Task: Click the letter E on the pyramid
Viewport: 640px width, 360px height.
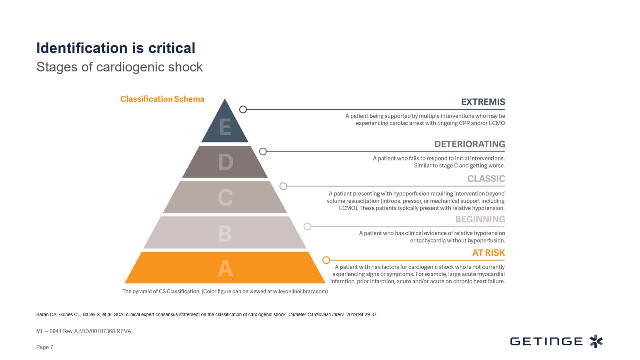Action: pyautogui.click(x=225, y=127)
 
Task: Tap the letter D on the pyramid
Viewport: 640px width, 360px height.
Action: pyautogui.click(x=225, y=162)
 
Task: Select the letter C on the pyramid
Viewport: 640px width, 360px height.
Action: pyautogui.click(x=225, y=197)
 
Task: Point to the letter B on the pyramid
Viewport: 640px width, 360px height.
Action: pyautogui.click(x=225, y=233)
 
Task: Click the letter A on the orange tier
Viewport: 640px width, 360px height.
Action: pyautogui.click(x=225, y=268)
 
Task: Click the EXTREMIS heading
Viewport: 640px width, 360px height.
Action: pyautogui.click(x=483, y=102)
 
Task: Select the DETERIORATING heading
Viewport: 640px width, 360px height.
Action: pyautogui.click(x=469, y=144)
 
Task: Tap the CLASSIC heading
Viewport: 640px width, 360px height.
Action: pyautogui.click(x=486, y=179)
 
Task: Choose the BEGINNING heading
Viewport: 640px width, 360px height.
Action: pyautogui.click(x=480, y=219)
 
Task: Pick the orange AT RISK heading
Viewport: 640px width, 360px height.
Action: pyautogui.click(x=488, y=253)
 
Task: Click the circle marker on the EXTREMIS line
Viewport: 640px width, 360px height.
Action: pyautogui.click(x=243, y=109)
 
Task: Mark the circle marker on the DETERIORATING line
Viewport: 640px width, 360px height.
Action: pyautogui.click(x=263, y=151)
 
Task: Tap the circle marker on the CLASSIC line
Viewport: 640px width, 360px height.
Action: pyautogui.click(x=283, y=186)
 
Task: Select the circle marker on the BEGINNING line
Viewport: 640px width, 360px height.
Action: pyautogui.click(x=307, y=227)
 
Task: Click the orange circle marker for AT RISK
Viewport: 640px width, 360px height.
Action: pyautogui.click(x=326, y=260)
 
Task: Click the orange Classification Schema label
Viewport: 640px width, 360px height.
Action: pyautogui.click(x=162, y=99)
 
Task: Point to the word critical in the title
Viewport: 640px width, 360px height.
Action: pyautogui.click(x=172, y=48)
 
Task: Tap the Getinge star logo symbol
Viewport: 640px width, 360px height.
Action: pyautogui.click(x=596, y=341)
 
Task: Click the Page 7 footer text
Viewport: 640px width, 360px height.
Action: pyautogui.click(x=45, y=347)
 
